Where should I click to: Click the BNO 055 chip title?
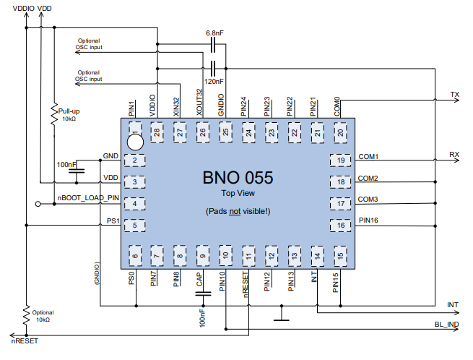[238, 177]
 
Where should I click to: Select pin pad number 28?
[157, 132]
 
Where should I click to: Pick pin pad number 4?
[134, 203]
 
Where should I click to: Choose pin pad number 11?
[248, 255]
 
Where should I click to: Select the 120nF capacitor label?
[214, 82]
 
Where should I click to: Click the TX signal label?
[454, 95]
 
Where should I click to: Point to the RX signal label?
[454, 155]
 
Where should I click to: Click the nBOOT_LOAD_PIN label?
[87, 197]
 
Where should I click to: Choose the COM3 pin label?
[368, 199]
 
